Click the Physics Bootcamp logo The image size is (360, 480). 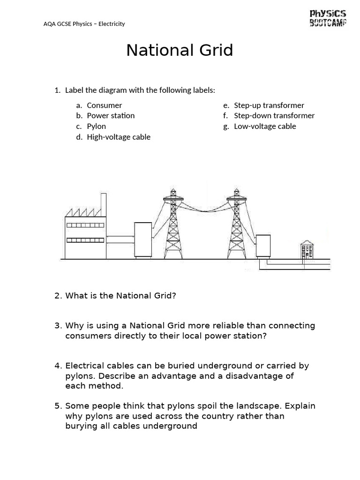328,18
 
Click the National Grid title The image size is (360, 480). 180,50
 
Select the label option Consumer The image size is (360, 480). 105,105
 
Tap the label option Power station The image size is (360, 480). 111,116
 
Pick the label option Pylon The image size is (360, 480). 97,127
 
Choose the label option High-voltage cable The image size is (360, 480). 119,137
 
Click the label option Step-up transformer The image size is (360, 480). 269,105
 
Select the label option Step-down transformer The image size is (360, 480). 274,116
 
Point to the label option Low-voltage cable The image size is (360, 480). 265,127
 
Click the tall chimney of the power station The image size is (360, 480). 103,204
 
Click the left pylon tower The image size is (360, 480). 173,224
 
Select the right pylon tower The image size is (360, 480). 236,224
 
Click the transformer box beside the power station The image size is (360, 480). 143,240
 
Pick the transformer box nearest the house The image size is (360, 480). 263,246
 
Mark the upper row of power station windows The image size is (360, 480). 85,225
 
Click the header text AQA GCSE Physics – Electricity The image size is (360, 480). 84,24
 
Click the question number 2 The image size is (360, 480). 58,296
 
